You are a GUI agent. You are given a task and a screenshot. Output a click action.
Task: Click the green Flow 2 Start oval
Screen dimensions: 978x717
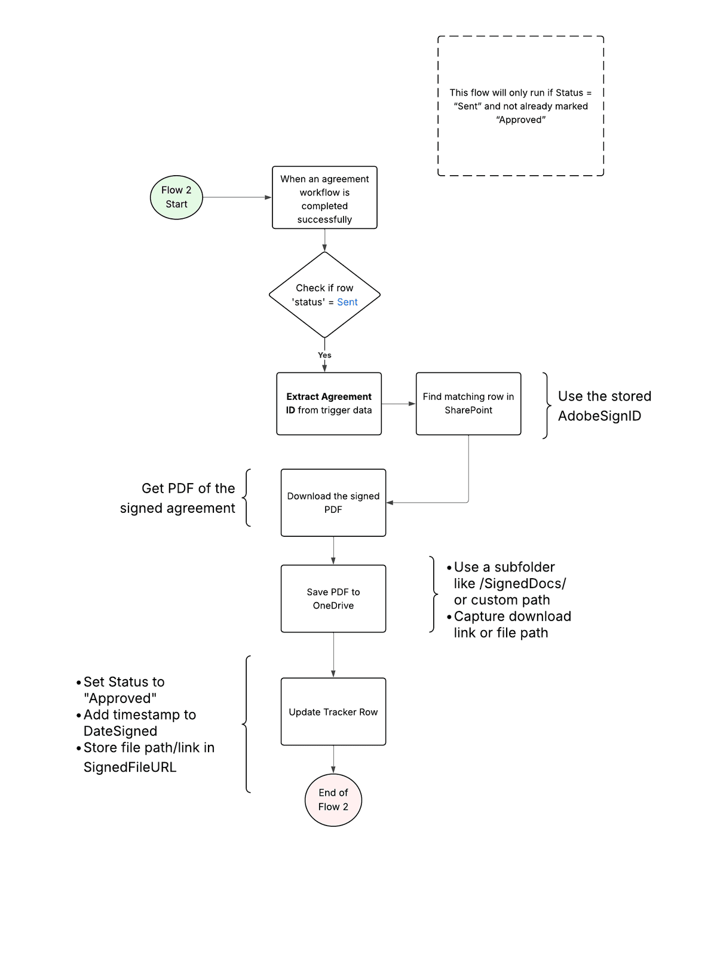coord(176,197)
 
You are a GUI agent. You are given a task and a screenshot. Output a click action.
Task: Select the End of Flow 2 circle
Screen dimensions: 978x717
coord(333,800)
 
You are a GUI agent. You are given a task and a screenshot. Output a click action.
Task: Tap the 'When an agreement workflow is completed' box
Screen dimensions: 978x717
coord(324,198)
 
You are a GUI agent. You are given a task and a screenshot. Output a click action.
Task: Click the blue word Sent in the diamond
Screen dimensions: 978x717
coord(347,302)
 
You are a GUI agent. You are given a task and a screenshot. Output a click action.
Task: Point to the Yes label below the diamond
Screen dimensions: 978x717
coord(324,355)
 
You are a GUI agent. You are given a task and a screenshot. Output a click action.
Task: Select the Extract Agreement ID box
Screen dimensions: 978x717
coord(329,404)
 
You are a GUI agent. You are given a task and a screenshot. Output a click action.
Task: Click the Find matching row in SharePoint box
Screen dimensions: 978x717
coord(468,404)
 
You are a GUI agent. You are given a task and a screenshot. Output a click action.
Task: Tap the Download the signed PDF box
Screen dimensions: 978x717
coord(333,503)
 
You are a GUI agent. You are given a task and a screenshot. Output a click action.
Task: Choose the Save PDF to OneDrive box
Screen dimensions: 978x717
coord(333,598)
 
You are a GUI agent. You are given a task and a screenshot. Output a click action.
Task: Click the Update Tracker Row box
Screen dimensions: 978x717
coord(333,711)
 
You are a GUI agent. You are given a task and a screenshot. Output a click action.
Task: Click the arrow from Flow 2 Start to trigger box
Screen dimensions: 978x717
coord(237,197)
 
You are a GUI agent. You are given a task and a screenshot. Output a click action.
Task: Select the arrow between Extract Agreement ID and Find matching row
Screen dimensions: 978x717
coord(399,404)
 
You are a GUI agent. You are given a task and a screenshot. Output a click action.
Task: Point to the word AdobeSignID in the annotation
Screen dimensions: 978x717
coord(599,416)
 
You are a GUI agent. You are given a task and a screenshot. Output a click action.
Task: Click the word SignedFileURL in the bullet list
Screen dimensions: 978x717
coord(130,768)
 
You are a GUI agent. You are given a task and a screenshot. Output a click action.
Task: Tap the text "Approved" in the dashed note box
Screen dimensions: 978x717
coord(521,120)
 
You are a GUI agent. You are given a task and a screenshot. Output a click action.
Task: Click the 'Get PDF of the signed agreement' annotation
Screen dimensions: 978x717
coord(177,498)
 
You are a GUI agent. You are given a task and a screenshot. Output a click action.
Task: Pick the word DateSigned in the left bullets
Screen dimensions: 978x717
coord(120,731)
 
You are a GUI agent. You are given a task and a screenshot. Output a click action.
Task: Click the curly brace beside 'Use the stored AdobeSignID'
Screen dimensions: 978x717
coord(546,406)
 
